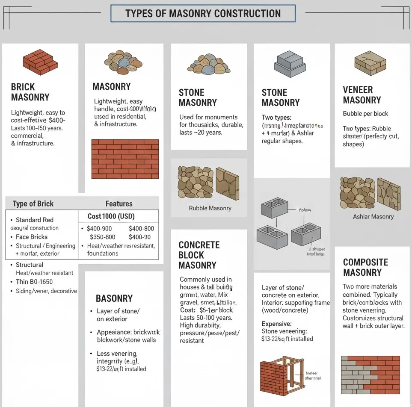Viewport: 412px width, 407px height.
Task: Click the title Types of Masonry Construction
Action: (203, 13)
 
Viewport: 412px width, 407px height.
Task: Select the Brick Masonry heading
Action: (30, 92)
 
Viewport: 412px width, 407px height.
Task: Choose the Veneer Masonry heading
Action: (362, 95)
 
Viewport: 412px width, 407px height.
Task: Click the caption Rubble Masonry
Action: (210, 208)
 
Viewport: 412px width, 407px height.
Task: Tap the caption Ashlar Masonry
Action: (373, 216)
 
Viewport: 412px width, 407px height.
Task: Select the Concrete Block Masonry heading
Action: (199, 255)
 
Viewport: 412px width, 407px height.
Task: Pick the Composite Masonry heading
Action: (365, 267)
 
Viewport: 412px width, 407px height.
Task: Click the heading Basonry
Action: (114, 298)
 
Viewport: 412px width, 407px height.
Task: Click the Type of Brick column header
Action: (33, 203)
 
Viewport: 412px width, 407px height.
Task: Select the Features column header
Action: (119, 203)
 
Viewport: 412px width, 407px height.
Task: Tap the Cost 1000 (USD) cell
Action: (113, 216)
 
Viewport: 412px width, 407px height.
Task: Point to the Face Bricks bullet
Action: (32, 237)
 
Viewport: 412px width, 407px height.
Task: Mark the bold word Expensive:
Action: (276, 324)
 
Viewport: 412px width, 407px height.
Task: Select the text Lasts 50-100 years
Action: (206, 318)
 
